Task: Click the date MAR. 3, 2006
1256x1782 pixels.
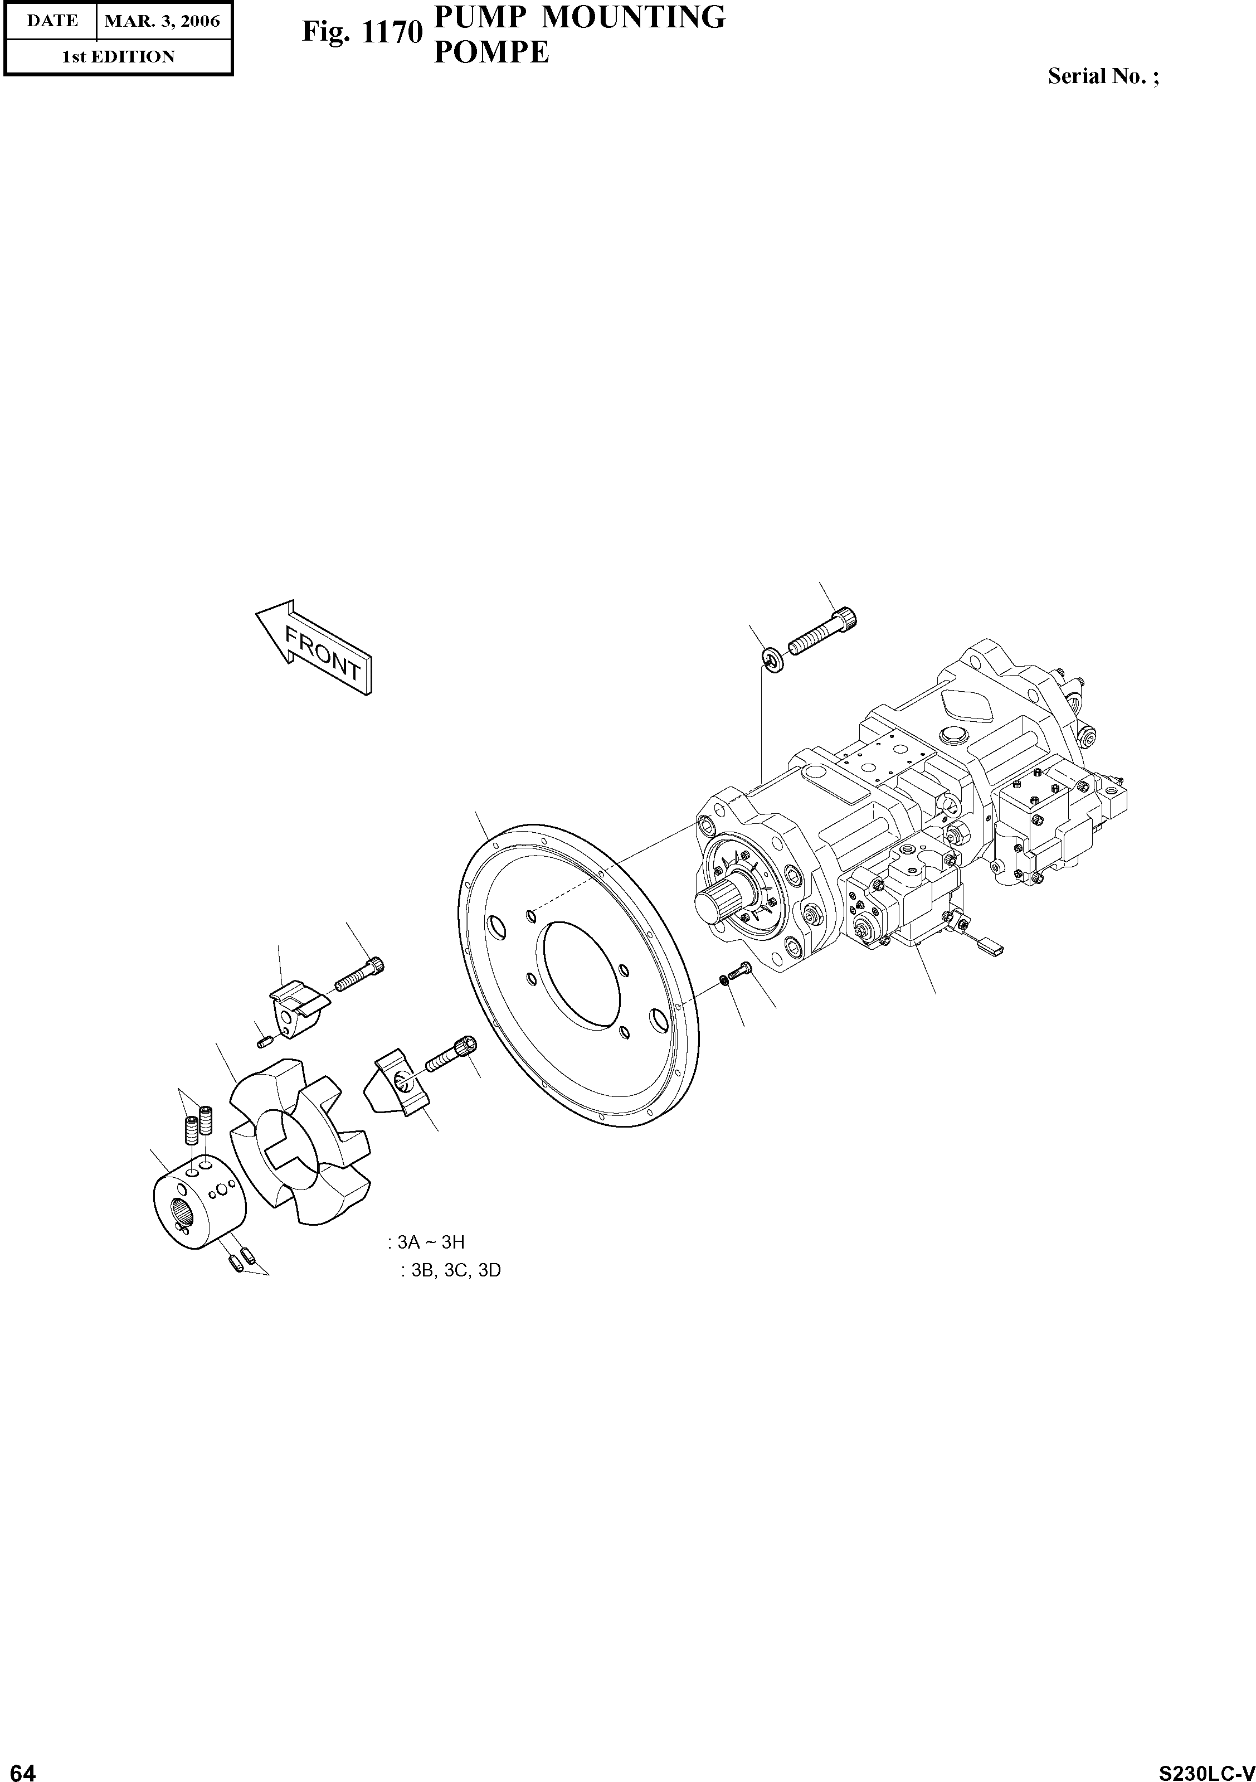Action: (163, 21)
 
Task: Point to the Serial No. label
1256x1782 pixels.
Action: (1102, 76)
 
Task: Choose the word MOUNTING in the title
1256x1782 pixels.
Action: (632, 17)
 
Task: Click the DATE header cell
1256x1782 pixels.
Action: (51, 21)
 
